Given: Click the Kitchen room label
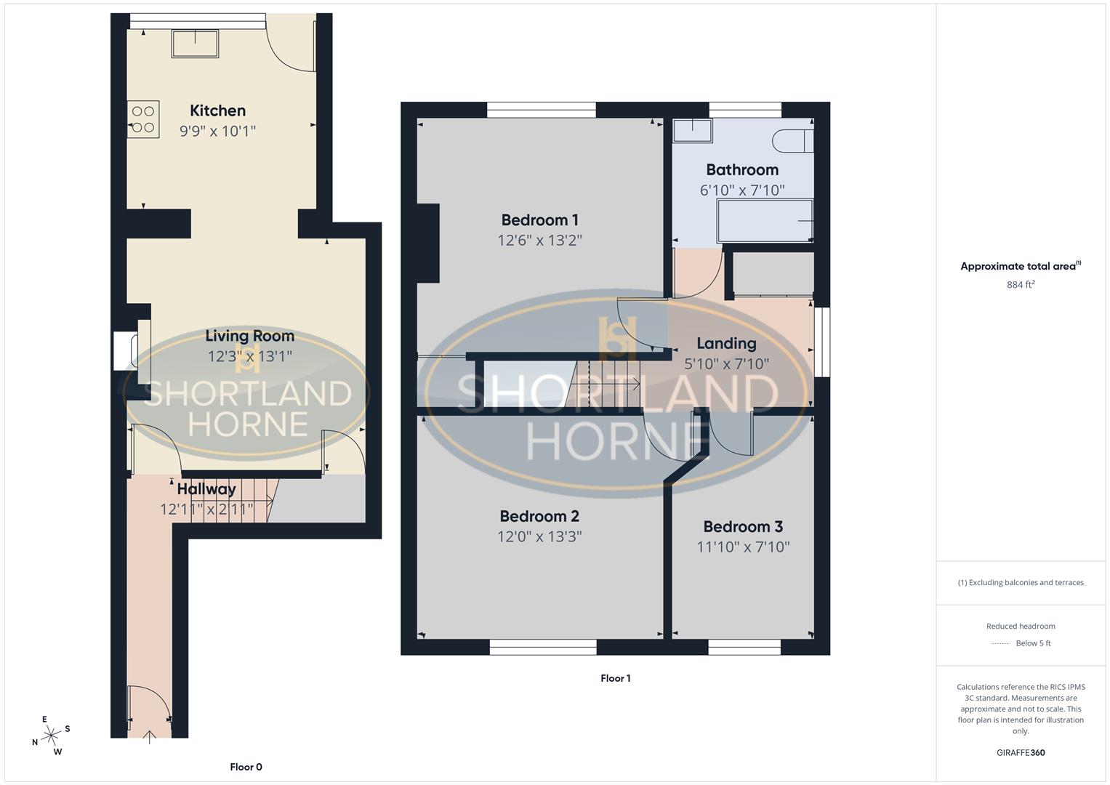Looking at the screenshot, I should point(217,110).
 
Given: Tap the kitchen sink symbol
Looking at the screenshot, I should point(195,44).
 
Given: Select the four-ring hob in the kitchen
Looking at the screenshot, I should point(143,119).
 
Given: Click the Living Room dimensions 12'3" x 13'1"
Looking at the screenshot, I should point(249,356).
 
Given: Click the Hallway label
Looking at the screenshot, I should point(206,489).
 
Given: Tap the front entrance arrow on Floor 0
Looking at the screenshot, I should point(150,737).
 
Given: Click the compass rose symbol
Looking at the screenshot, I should point(51,736).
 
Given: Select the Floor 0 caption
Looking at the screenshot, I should point(246,767).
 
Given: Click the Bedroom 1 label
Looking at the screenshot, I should point(539,220).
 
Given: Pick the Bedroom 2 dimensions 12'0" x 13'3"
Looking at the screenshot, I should point(540,536).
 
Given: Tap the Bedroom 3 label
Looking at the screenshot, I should point(742,526).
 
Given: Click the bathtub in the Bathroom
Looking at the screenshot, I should point(765,221).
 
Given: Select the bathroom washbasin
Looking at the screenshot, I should point(692,131).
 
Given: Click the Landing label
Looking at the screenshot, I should point(726,343).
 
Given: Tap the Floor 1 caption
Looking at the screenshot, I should point(615,678).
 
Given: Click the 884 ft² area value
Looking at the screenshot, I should point(1020,285).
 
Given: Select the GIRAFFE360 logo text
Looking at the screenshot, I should point(1020,752).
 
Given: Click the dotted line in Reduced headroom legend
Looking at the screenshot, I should point(1000,643).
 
